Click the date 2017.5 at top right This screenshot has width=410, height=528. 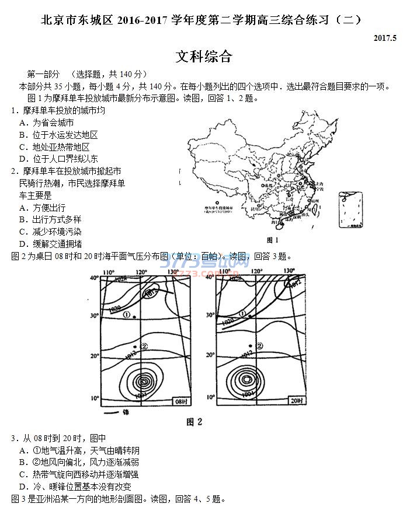(385, 39)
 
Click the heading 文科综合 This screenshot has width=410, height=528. (204, 57)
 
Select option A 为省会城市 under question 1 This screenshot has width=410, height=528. (47, 123)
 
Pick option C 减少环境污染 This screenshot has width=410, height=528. (50, 232)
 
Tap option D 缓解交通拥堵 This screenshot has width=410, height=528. (50, 244)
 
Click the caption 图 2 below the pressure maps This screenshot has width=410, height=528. (194, 422)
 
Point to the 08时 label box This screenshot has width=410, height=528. (182, 401)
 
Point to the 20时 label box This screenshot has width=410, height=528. (297, 401)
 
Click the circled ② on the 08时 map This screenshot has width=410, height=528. (144, 346)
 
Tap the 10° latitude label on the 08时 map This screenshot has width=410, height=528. (95, 398)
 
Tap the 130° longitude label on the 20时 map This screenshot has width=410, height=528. (289, 271)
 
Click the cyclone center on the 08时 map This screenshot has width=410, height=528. (144, 382)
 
